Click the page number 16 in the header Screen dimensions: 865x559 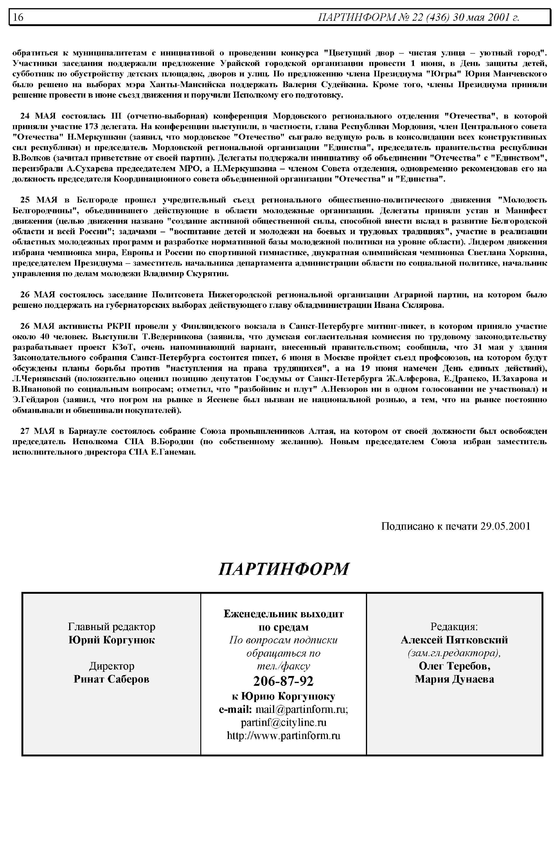click(18, 17)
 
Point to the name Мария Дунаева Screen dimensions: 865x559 click(454, 679)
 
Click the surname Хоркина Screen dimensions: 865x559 click(528, 253)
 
